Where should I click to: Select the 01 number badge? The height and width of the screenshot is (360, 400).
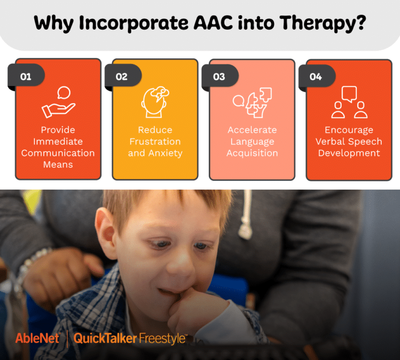[26, 77]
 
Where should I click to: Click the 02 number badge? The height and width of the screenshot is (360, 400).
[121, 77]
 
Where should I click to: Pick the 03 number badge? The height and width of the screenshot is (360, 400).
[219, 77]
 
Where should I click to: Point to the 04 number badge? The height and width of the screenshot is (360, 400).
[316, 77]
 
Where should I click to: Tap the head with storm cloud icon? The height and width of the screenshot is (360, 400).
[155, 102]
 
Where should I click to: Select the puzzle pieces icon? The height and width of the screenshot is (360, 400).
[253, 102]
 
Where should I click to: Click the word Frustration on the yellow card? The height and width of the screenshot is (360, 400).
[155, 142]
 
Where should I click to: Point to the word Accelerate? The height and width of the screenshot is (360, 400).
[252, 130]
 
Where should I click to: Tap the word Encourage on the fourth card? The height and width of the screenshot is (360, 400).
[349, 130]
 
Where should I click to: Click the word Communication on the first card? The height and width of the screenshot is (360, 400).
[58, 153]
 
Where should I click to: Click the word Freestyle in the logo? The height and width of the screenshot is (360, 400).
[162, 339]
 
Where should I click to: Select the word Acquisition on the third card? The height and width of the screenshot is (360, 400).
[252, 153]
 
